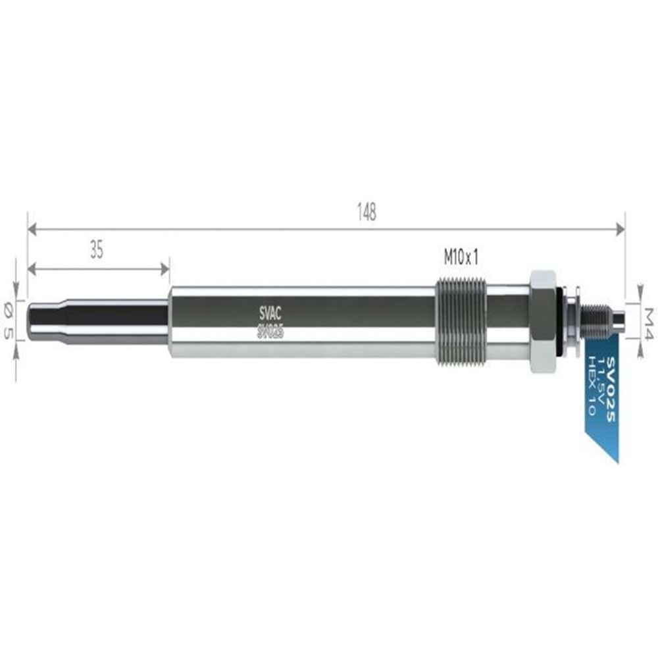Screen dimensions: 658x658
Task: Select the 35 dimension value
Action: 97,251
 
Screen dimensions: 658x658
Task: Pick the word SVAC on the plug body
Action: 270,311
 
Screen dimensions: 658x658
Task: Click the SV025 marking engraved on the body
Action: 270,333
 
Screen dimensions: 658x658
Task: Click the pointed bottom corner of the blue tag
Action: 617,461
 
